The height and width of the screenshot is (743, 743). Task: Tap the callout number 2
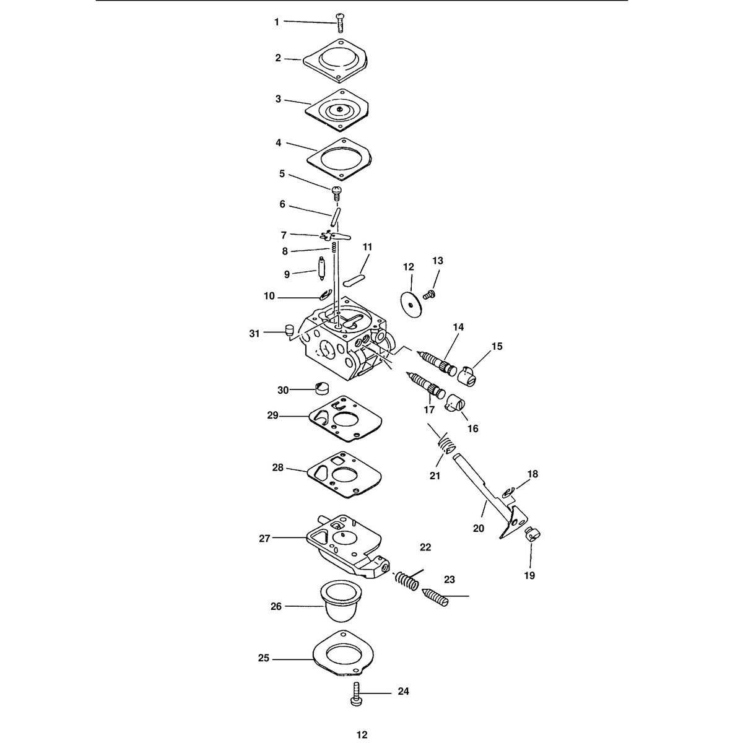(278, 58)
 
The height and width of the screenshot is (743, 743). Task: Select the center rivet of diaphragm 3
(338, 110)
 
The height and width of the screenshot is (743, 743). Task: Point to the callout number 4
(279, 142)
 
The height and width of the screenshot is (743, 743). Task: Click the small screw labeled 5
(337, 193)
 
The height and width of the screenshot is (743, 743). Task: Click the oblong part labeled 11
(354, 280)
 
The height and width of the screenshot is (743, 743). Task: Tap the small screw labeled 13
(428, 295)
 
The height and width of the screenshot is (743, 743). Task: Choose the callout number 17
(429, 409)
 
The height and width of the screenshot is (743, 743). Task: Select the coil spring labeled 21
(446, 444)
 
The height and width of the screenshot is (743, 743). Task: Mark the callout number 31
(254, 333)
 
